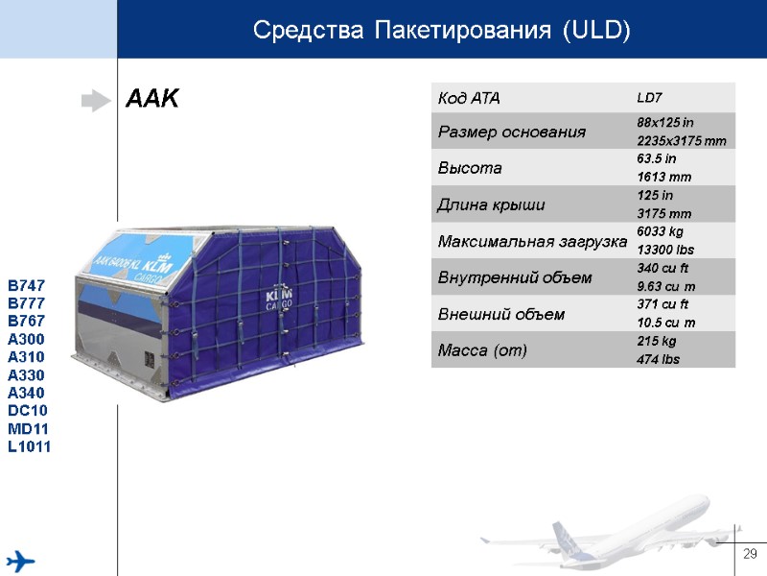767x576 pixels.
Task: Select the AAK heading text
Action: pos(152,99)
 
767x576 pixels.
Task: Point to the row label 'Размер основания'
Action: pos(512,132)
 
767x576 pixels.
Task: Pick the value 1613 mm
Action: pos(663,178)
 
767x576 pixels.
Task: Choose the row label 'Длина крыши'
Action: pos(491,204)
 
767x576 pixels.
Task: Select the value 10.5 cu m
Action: pos(667,322)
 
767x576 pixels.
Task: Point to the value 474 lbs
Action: pos(659,358)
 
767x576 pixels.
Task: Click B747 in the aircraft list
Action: pos(27,286)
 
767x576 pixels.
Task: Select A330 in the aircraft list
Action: pos(27,375)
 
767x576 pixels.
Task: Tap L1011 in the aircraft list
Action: pos(30,447)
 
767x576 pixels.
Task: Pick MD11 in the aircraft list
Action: pos(28,429)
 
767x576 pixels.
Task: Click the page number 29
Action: pos(750,553)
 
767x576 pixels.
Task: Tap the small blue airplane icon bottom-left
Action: pos(21,560)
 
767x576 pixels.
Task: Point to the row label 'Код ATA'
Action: pos(469,98)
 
